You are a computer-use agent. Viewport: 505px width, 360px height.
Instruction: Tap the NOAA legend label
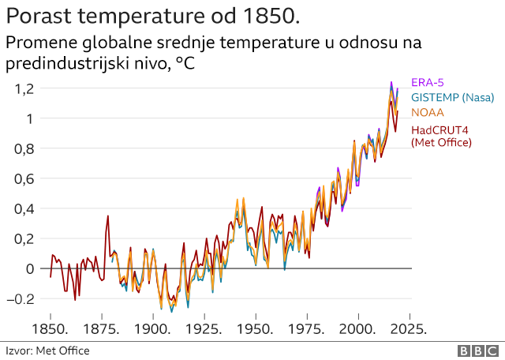pyautogui.click(x=428, y=112)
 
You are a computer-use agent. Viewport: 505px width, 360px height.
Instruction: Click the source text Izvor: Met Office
pyautogui.click(x=47, y=351)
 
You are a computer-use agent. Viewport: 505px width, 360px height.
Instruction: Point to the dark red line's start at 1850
pyautogui.click(x=50, y=276)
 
